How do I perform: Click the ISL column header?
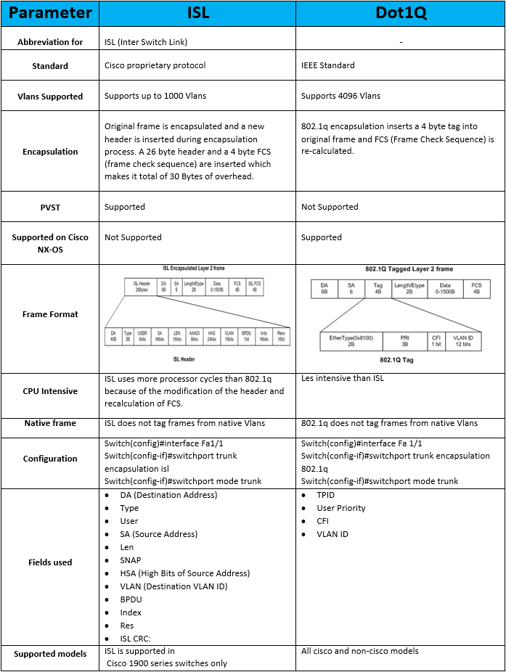coord(197,13)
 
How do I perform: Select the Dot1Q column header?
coord(400,13)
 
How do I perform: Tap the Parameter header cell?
coord(50,13)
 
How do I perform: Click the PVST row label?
coord(50,208)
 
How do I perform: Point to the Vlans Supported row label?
coord(50,97)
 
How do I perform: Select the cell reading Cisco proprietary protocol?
coord(155,65)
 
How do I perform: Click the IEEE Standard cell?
coord(328,65)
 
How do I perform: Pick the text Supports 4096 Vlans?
coord(340,96)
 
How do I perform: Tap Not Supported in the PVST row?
coord(330,207)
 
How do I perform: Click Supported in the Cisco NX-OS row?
coord(321,237)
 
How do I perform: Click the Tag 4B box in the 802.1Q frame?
coord(378,289)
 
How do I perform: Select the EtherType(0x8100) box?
coord(351,341)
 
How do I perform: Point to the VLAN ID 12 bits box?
coord(462,341)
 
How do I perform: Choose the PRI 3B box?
coord(405,341)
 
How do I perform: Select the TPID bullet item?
coord(326,495)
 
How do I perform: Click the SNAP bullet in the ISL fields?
coord(131,560)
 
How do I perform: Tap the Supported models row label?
coord(50,654)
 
